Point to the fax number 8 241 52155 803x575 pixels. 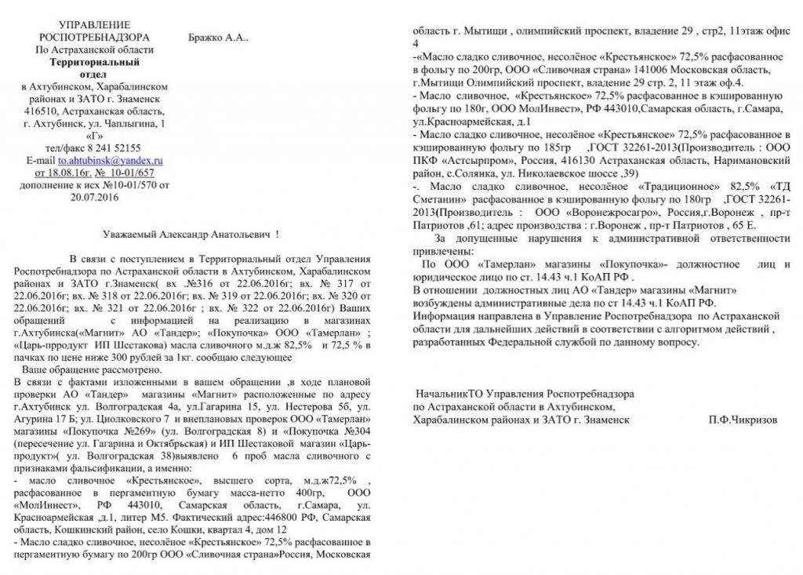tap(114, 147)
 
